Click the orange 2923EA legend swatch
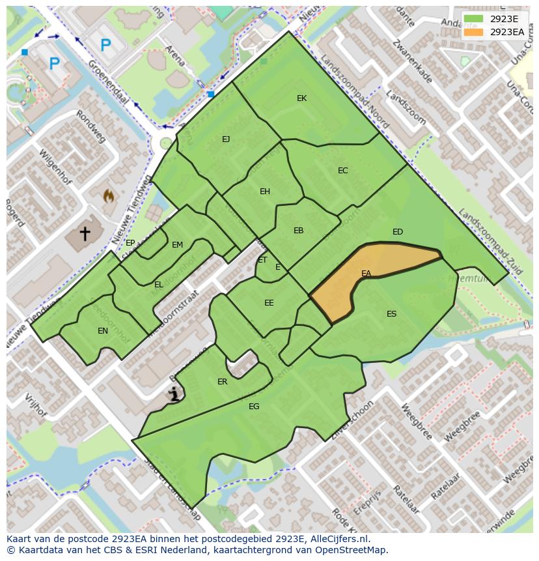(x=474, y=32)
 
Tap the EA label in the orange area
(x=366, y=274)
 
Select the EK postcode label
(x=301, y=98)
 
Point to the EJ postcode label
(x=226, y=139)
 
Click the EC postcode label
(x=342, y=171)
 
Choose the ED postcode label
(x=398, y=232)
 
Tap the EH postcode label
(x=264, y=192)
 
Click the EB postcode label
(x=298, y=231)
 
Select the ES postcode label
(x=391, y=314)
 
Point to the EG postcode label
(x=254, y=407)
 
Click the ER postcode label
(x=223, y=382)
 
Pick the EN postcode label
(x=103, y=331)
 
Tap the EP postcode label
(x=130, y=243)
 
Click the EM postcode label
(x=177, y=245)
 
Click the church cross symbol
(x=85, y=233)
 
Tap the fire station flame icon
(x=109, y=195)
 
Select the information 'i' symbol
(x=174, y=394)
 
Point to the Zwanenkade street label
(x=412, y=63)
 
